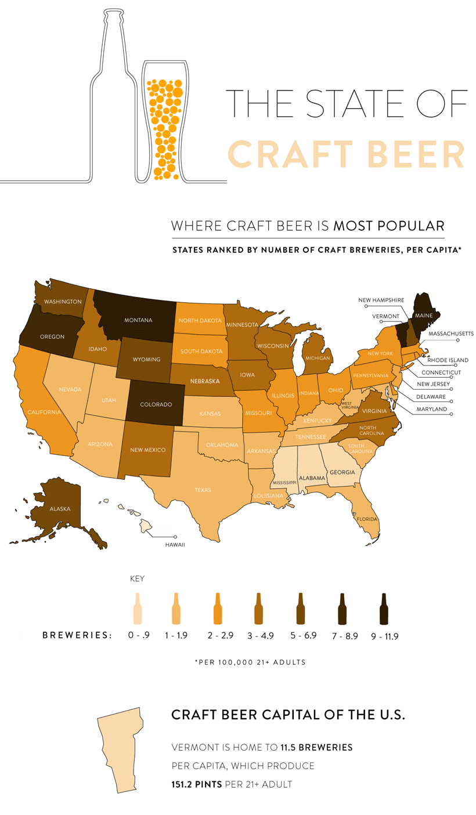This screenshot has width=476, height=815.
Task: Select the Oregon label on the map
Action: [52, 336]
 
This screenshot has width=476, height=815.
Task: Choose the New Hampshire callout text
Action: [381, 299]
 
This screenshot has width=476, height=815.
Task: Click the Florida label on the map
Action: [367, 519]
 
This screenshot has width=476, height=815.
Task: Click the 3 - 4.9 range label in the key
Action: [259, 636]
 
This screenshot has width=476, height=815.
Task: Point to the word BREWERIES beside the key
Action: [77, 635]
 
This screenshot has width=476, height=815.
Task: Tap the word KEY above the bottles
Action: [138, 578]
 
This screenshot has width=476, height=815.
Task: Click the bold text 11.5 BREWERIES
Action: [316, 747]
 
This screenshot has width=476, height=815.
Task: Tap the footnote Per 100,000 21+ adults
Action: [250, 662]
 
